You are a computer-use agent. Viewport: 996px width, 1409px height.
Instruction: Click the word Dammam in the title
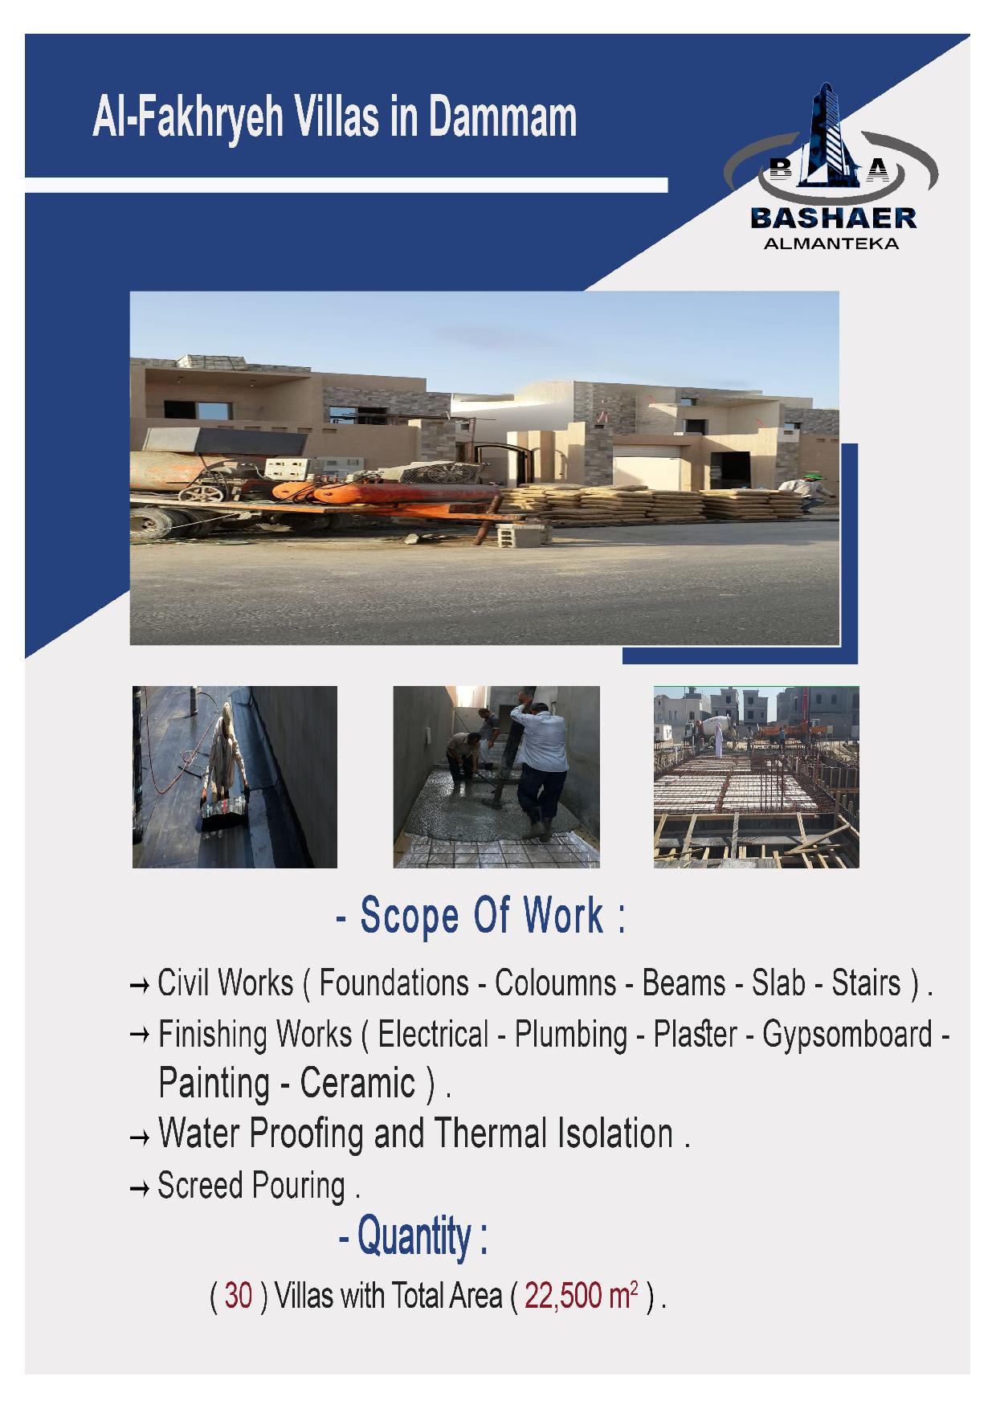(x=502, y=117)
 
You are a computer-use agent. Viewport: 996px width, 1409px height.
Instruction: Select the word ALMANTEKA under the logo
(x=831, y=243)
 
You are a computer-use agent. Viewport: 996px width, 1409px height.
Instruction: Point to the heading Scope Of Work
(x=480, y=915)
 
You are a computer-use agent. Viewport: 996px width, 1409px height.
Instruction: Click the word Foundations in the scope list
(x=394, y=983)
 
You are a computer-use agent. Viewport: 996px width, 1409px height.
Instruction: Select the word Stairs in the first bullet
(x=866, y=983)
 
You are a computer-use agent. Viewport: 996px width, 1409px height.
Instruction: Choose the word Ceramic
(x=357, y=1084)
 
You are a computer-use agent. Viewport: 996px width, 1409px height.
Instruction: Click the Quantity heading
(x=413, y=1235)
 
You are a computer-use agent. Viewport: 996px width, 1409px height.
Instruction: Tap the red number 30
(x=239, y=1295)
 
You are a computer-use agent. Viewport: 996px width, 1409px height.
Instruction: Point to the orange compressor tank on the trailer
(x=386, y=492)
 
